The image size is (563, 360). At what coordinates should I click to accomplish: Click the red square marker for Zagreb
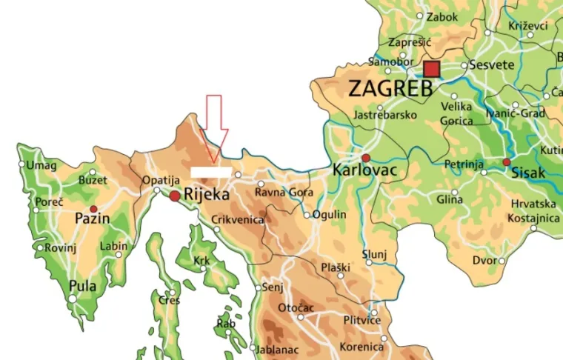[x=431, y=69]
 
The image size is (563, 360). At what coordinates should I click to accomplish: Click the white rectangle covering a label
[x=210, y=172]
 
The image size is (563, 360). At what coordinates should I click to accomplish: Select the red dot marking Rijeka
[x=174, y=196]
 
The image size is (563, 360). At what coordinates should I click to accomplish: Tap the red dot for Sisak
[x=507, y=161]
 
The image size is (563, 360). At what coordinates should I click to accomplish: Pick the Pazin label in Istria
[x=93, y=219]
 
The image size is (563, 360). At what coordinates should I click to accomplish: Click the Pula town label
[x=82, y=286]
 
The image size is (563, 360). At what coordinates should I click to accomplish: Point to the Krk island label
[x=201, y=261]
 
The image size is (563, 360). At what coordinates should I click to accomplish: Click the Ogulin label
[x=330, y=215]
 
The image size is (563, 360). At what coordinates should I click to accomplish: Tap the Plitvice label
[x=362, y=320]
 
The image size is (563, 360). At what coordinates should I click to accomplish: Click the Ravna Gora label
[x=279, y=193]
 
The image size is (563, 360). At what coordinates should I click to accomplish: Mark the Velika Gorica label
[x=456, y=113]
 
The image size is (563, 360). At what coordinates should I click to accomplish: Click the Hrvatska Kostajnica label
[x=533, y=211]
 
